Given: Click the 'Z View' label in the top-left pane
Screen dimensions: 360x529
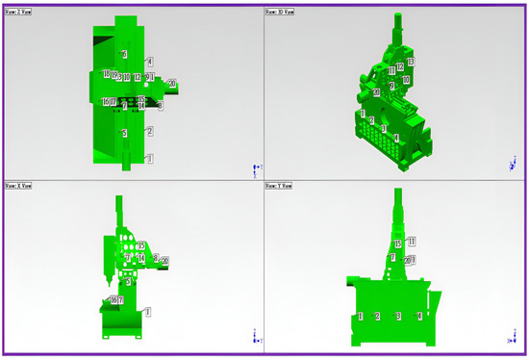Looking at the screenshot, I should [19, 13].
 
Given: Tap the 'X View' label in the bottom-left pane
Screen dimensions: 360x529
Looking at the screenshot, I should [19, 186].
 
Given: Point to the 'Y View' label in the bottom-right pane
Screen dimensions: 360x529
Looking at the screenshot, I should [280, 186].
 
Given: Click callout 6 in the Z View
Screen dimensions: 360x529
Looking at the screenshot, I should [124, 53].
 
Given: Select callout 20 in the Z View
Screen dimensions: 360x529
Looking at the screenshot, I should [171, 84].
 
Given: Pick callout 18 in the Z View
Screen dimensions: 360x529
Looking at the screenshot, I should [106, 74].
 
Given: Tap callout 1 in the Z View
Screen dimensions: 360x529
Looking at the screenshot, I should [149, 157].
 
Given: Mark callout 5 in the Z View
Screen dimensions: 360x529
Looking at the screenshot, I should [124, 133].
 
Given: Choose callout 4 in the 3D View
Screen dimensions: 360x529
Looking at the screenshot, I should [395, 138].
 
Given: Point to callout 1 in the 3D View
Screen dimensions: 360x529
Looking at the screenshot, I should [361, 114].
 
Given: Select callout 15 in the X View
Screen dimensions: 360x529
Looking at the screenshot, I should [141, 245].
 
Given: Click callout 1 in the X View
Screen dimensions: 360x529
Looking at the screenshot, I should [148, 311].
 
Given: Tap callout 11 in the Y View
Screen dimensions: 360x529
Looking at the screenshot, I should [411, 241].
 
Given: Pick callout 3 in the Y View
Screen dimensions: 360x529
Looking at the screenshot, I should [398, 316].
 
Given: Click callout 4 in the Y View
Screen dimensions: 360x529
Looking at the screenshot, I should [419, 316].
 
